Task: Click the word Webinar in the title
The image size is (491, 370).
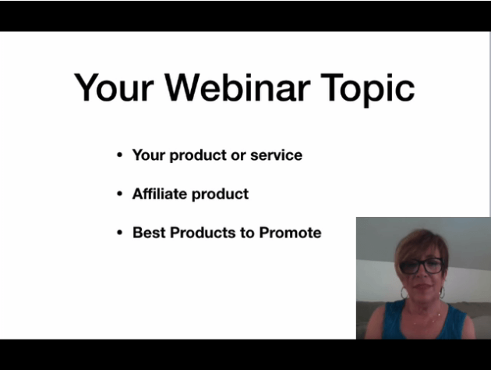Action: point(238,87)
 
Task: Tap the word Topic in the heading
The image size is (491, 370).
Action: point(368,89)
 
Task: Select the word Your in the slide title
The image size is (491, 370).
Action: point(114,87)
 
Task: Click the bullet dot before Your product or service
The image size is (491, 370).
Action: point(119,155)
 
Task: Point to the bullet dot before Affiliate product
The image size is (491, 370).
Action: point(119,194)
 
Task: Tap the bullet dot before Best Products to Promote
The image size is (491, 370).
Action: point(119,233)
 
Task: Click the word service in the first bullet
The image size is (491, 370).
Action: point(276,155)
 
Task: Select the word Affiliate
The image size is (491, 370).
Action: point(160,194)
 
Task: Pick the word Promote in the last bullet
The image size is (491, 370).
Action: point(290,233)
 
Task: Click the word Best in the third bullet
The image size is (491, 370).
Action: point(149,233)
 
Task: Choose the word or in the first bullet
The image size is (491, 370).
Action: point(238,156)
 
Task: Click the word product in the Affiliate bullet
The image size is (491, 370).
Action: point(220,194)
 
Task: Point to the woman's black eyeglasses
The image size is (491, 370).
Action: point(422,266)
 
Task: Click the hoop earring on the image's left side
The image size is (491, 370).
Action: point(404,293)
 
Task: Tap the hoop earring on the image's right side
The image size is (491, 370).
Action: point(442,293)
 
